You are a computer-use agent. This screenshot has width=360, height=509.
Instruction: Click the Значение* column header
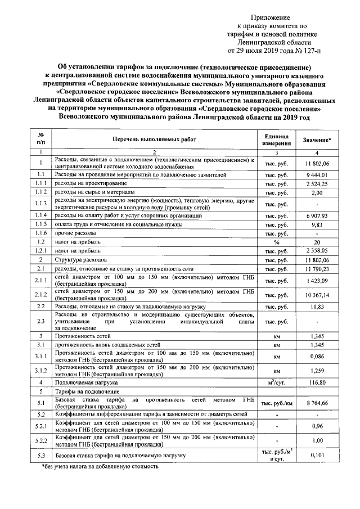pos(317,139)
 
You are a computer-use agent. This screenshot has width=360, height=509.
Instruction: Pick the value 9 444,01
pos(317,175)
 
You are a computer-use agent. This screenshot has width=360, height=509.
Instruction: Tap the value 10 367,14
pos(317,294)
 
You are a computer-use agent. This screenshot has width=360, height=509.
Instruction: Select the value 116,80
pos(317,381)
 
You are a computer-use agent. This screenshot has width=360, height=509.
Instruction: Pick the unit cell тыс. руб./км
pos(276,403)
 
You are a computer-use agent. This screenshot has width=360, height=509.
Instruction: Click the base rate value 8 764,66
pos(317,403)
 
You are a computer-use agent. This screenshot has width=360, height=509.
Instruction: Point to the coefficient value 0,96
pos(317,426)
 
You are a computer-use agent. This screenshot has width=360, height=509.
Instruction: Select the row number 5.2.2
pos(40,440)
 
